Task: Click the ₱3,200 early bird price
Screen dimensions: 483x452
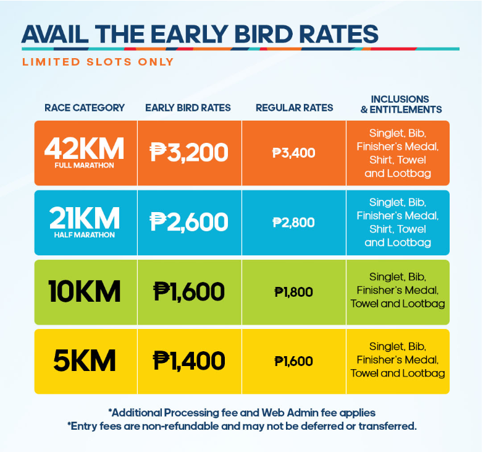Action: [189, 152]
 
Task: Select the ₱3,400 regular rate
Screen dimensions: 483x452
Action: [294, 153]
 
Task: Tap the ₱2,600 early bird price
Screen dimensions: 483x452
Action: [189, 222]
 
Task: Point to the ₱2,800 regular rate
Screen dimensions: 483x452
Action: [294, 223]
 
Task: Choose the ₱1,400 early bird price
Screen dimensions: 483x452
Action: [189, 360]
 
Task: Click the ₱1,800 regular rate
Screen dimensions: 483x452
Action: [294, 292]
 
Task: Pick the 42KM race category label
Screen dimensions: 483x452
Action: [85, 148]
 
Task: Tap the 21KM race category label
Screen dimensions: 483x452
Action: [85, 218]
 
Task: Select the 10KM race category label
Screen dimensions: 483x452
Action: [85, 291]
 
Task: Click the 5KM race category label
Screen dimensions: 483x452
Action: [85, 360]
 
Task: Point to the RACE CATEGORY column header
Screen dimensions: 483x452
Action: [85, 108]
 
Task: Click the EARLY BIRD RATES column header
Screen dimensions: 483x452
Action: [188, 108]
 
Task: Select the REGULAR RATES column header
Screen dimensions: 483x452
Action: [295, 108]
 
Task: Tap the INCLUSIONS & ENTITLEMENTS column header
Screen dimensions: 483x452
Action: [401, 104]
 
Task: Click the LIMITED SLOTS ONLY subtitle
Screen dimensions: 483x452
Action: [98, 62]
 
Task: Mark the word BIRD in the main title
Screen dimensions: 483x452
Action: [264, 34]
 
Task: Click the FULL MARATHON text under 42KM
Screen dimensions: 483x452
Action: [85, 165]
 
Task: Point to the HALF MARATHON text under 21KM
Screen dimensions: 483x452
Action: [85, 235]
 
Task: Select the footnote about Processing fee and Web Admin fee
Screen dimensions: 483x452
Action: [241, 412]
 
